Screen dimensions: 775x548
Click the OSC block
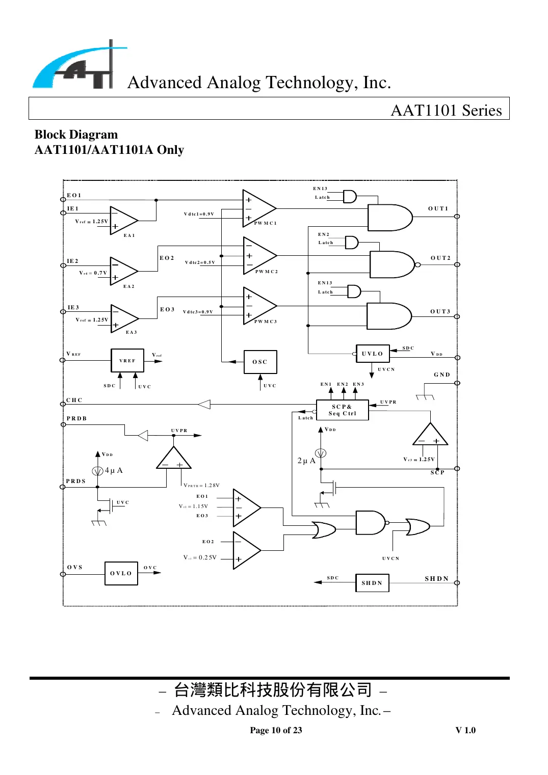click(260, 362)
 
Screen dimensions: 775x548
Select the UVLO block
click(372, 354)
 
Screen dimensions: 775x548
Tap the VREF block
click(127, 360)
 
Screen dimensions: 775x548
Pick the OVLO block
click(121, 573)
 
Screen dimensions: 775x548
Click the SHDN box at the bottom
click(372, 583)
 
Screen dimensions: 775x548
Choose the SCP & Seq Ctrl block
click(342, 410)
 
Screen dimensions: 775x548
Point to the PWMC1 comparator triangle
click(258, 208)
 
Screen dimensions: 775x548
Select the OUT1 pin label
click(438, 208)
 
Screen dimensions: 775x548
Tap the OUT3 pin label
click(440, 311)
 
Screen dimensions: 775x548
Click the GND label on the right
click(442, 375)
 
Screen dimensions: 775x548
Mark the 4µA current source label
click(114, 470)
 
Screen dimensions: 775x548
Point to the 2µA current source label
click(306, 461)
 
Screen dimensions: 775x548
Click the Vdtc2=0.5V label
click(200, 262)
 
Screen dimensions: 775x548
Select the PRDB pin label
click(76, 418)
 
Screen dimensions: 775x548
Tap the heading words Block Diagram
click(76, 135)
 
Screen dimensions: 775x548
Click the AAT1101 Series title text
click(446, 110)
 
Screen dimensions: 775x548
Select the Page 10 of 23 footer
click(276, 730)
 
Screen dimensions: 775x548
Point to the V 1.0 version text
click(465, 730)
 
